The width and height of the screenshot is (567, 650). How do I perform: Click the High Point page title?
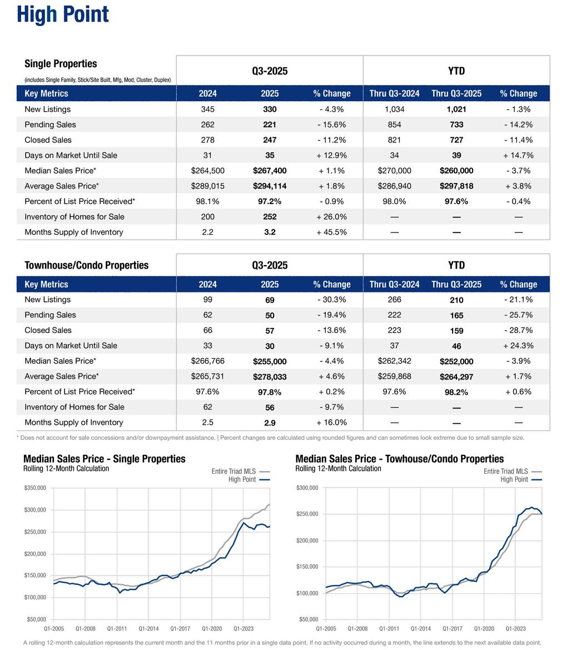(x=63, y=14)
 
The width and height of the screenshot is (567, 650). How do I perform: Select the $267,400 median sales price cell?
(x=270, y=171)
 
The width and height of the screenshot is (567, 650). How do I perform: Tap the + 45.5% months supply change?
(x=331, y=232)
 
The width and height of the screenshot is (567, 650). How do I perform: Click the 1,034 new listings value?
(x=394, y=110)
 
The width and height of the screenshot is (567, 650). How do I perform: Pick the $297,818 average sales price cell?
(x=456, y=186)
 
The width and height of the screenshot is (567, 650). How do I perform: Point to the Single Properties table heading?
(x=61, y=64)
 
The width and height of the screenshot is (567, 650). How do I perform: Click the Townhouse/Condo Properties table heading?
(x=86, y=265)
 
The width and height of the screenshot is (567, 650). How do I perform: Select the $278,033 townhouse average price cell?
(x=270, y=377)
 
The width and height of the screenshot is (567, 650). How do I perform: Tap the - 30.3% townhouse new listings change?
(x=331, y=300)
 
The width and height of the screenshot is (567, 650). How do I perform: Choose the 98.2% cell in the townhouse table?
(x=456, y=392)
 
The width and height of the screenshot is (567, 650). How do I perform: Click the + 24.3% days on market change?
(x=518, y=346)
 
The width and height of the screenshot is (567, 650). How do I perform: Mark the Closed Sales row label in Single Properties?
(x=48, y=140)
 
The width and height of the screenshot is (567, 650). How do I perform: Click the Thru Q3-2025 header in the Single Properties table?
(x=456, y=93)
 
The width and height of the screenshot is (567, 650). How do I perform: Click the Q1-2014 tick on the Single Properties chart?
(x=148, y=629)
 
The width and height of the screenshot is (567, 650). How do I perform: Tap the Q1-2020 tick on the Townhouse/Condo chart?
(x=484, y=629)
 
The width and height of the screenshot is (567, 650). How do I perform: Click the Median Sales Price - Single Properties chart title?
(x=105, y=459)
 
